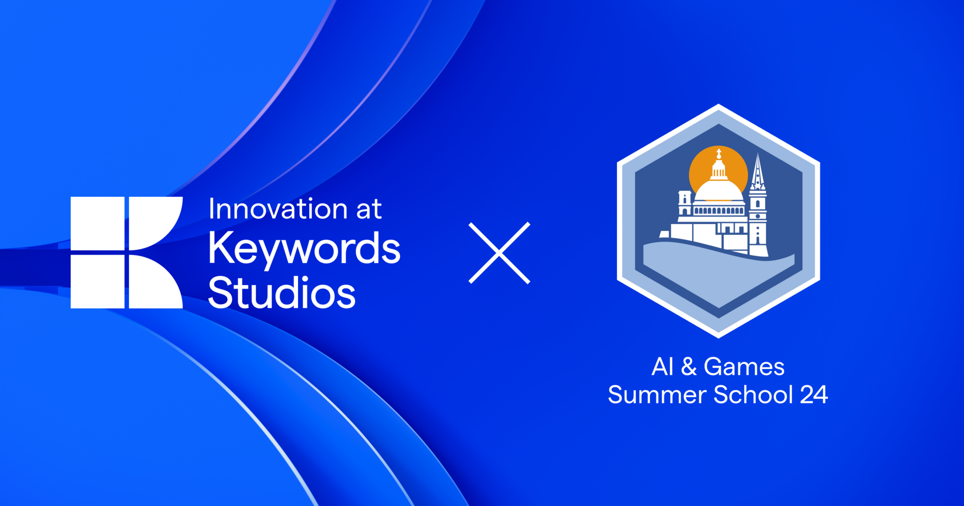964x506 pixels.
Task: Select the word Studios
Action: click(x=281, y=293)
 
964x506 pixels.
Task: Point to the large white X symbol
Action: click(x=499, y=253)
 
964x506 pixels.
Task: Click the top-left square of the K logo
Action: click(x=97, y=223)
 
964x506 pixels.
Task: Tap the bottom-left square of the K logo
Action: click(x=97, y=281)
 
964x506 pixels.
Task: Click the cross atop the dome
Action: click(x=719, y=154)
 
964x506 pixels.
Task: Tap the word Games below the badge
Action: click(x=744, y=367)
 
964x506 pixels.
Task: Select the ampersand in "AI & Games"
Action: click(x=689, y=367)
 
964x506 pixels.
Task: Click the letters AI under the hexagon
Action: click(x=662, y=367)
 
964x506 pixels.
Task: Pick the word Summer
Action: click(x=657, y=394)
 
